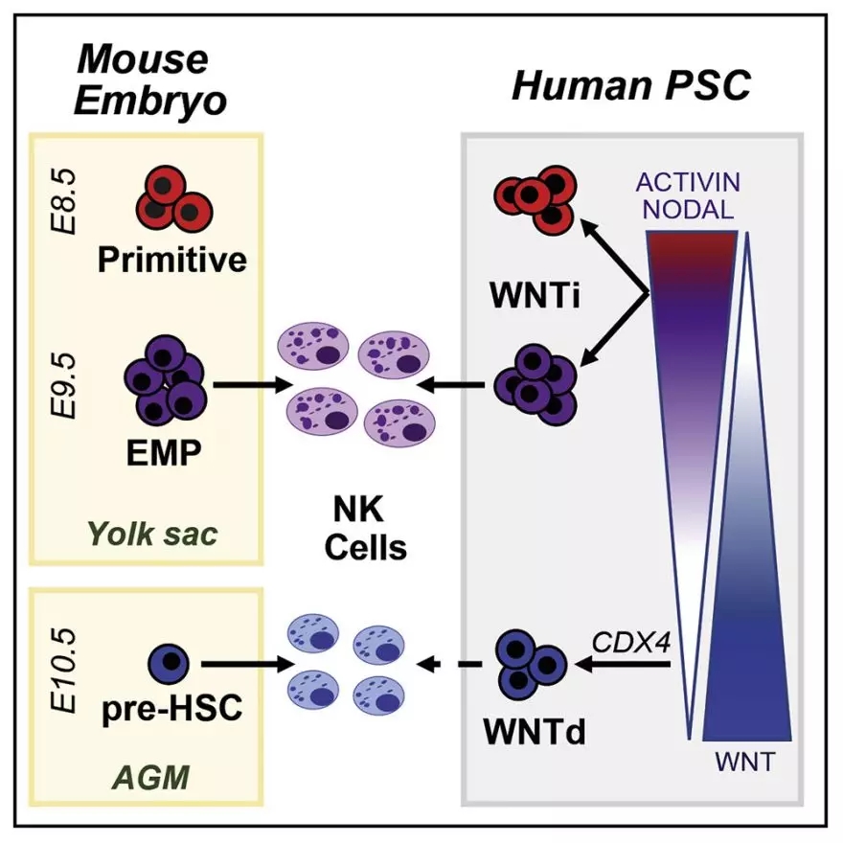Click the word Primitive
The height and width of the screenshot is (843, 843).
171,259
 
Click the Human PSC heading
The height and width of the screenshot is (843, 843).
631,87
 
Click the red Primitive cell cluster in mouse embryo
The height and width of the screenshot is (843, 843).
171,197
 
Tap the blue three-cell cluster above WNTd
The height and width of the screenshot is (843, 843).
533,661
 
